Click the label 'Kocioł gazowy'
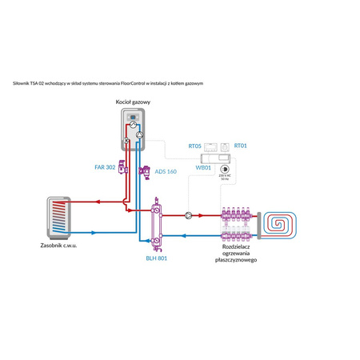133,103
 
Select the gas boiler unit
133,127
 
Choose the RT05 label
194,146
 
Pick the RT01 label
240,146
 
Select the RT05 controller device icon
212,146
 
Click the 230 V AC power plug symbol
224,169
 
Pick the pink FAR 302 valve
122,169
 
